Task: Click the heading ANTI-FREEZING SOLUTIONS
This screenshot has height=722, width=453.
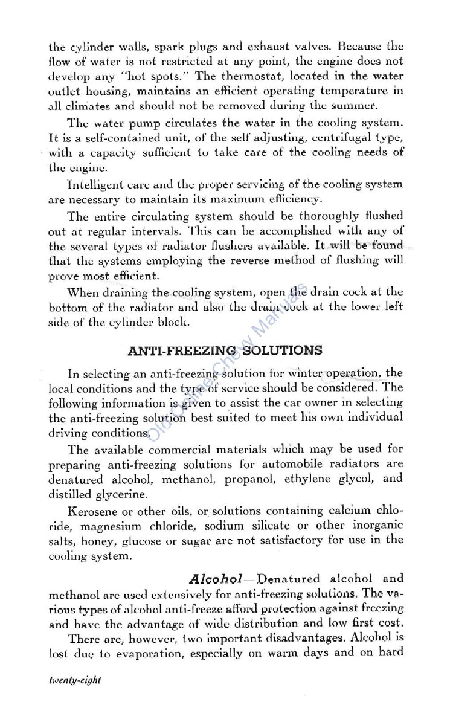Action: [x=225, y=350]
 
